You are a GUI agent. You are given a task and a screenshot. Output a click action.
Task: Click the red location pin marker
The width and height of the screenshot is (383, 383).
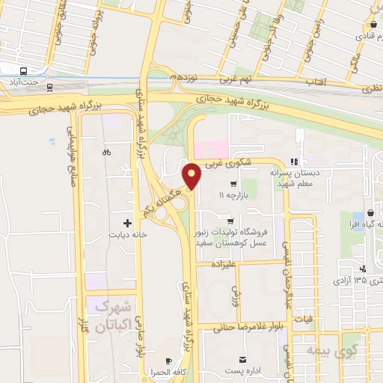click(192, 176)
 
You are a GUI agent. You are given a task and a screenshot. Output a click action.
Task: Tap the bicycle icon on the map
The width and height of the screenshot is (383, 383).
click(106, 152)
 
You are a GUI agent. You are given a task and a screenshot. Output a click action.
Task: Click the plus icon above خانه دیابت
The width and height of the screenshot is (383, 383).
click(127, 222)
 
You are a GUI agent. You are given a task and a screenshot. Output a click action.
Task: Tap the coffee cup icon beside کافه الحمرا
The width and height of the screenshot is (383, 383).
click(168, 360)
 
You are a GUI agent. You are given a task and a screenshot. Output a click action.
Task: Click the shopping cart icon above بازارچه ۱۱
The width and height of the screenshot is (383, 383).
click(233, 183)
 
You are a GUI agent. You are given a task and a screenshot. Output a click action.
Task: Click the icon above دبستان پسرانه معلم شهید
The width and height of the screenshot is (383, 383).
click(295, 161)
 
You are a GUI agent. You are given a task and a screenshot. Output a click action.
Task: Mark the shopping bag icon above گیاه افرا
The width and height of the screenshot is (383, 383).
click(349, 212)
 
